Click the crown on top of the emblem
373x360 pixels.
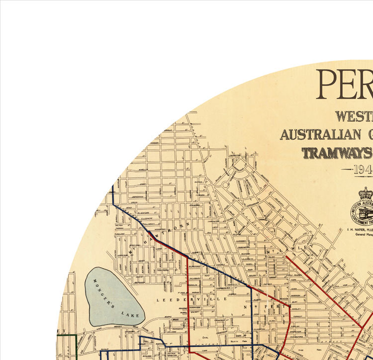pyautogui.click(x=366, y=193)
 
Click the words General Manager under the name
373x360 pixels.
pyautogui.click(x=359, y=236)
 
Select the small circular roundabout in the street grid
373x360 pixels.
pyautogui.click(x=225, y=184)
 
